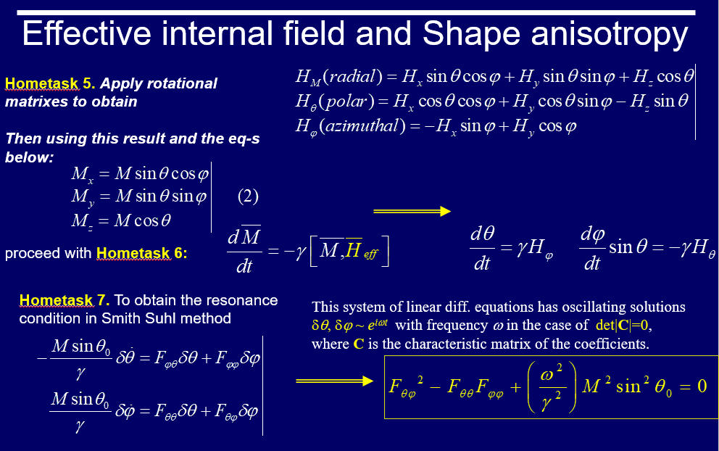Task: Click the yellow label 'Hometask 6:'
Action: point(141,253)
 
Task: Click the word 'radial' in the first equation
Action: point(354,76)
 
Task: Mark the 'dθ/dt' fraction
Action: point(483,248)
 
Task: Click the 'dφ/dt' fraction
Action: point(592,248)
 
